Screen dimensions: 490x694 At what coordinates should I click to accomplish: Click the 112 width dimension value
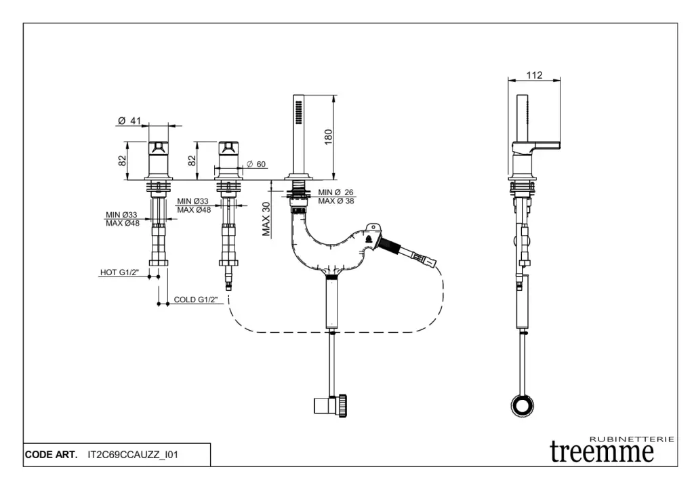(x=534, y=75)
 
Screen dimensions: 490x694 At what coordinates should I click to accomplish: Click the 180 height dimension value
(x=329, y=136)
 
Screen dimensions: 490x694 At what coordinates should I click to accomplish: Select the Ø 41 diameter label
(x=129, y=121)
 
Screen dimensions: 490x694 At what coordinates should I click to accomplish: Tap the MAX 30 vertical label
(x=266, y=219)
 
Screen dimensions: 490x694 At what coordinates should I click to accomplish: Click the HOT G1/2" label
(x=119, y=272)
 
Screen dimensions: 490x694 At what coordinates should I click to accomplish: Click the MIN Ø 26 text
(x=336, y=192)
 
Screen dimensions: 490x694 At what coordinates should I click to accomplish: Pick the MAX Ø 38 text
(x=336, y=201)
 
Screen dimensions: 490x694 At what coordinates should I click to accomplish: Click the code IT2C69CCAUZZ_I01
(x=133, y=455)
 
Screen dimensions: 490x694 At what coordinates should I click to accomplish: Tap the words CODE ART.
(x=51, y=455)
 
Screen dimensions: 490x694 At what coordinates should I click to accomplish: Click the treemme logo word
(x=602, y=451)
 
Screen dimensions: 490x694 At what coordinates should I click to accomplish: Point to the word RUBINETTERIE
(x=633, y=439)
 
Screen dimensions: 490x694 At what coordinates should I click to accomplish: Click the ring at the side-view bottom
(x=523, y=406)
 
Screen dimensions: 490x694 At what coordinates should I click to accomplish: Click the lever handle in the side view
(x=540, y=145)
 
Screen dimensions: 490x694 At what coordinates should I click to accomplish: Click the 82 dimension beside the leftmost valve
(x=123, y=161)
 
